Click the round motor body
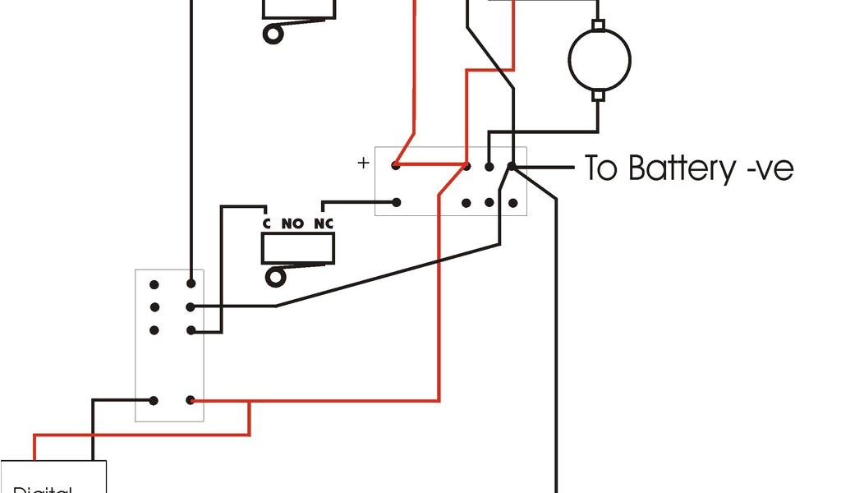point(600,58)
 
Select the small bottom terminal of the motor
point(599,95)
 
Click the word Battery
point(678,168)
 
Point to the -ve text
point(767,169)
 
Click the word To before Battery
point(604,168)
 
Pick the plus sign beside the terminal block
point(364,163)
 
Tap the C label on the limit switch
point(266,223)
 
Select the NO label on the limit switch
point(292,223)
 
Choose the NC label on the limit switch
point(324,223)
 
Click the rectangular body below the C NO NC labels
point(298,248)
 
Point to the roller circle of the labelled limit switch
point(273,275)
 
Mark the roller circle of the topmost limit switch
point(272,34)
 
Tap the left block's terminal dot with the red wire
point(191,401)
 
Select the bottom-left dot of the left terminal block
point(154,401)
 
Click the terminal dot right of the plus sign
point(396,166)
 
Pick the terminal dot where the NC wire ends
point(396,201)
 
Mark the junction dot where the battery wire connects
point(510,167)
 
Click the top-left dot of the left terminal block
point(154,284)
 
